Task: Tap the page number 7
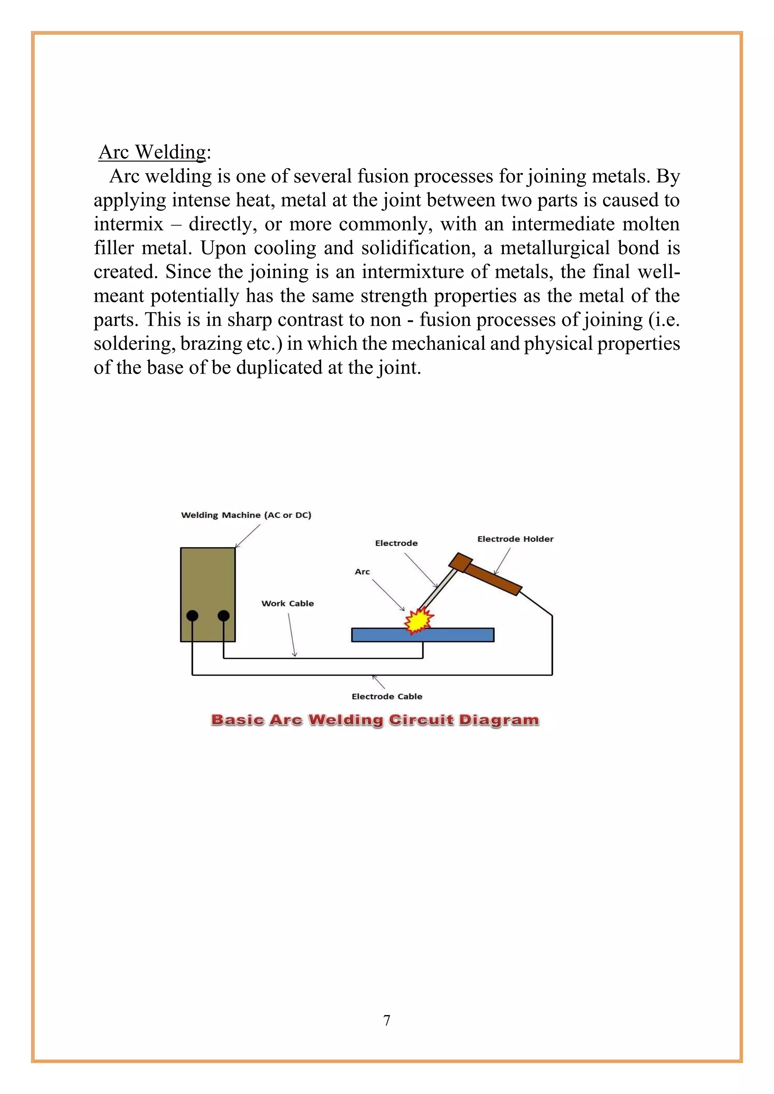387,1020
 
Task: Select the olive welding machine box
208,581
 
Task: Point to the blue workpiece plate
458,635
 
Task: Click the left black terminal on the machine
192,616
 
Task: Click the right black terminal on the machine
223,616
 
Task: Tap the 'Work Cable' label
287,603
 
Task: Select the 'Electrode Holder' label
515,539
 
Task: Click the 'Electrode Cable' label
387,696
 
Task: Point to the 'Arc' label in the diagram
362,572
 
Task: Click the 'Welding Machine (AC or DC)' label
246,515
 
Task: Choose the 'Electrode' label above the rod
396,543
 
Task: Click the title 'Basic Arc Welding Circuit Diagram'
375,720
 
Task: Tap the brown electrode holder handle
493,579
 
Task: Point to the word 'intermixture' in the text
412,272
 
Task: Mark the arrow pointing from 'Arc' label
388,595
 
